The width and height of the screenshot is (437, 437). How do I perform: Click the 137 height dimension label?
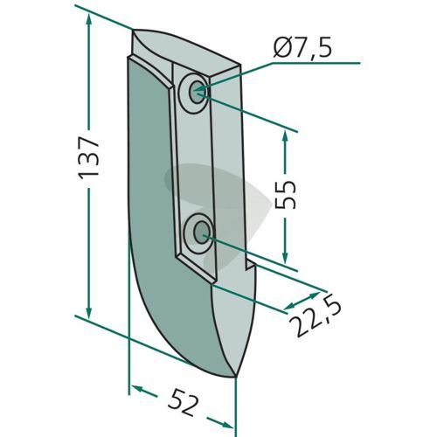pos(88,158)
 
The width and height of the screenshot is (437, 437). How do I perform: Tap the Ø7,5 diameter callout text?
pos(302,49)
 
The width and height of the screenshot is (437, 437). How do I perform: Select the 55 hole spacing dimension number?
pos(285,195)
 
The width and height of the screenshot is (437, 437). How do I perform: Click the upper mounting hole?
pos(198,93)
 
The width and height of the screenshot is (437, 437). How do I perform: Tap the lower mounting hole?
pos(203,232)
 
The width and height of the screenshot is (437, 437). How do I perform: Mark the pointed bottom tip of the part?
pos(235,377)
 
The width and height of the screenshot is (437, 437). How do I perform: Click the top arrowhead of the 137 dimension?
pos(89,20)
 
